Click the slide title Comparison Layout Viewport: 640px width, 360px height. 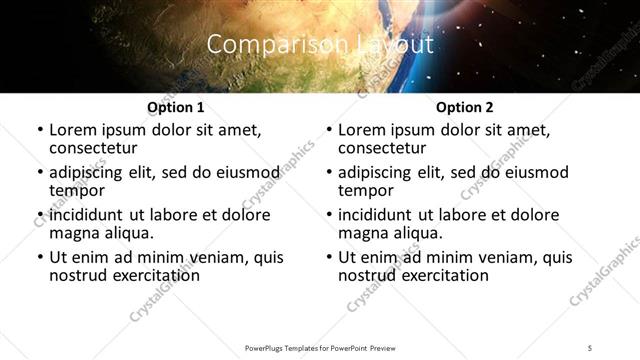tap(320, 45)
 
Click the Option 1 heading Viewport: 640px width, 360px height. tap(175, 107)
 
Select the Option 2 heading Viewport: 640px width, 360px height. tap(464, 107)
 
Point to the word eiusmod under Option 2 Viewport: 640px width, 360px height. tap(531, 172)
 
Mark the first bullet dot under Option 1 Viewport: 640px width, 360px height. tap(39, 130)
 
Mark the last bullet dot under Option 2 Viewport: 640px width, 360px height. tap(329, 257)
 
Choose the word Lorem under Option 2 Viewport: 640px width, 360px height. tap(362, 130)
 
